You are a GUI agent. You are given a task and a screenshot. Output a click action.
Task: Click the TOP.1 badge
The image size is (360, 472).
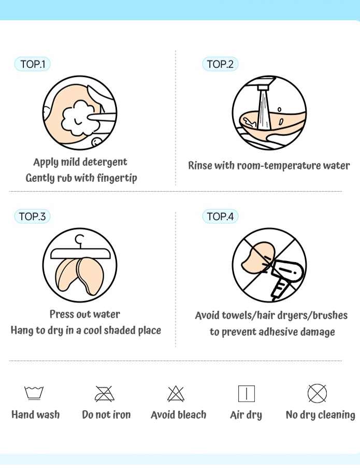pyautogui.click(x=32, y=64)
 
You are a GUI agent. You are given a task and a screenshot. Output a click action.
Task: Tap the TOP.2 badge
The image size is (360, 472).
pyautogui.click(x=220, y=64)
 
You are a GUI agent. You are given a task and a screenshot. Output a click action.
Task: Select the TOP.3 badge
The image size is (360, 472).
pyautogui.click(x=32, y=217)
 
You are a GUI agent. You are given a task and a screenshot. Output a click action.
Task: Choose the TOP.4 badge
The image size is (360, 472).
pyautogui.click(x=220, y=217)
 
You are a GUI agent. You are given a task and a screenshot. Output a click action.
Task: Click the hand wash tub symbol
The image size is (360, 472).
pyautogui.click(x=34, y=393)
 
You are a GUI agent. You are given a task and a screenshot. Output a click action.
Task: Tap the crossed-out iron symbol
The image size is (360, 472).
pyautogui.click(x=105, y=394)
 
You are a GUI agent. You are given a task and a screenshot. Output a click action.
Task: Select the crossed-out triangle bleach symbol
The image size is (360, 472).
pyautogui.click(x=176, y=394)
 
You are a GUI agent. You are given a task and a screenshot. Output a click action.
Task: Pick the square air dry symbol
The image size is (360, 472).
pyautogui.click(x=247, y=394)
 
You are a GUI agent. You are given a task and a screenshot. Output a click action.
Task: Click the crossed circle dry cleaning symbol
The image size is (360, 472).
pyautogui.click(x=317, y=393)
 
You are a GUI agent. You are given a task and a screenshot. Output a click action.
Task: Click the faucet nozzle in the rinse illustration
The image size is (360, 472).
pyautogui.click(x=263, y=88)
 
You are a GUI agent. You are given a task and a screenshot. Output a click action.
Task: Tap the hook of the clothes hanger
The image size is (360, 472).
pyautogui.click(x=80, y=240)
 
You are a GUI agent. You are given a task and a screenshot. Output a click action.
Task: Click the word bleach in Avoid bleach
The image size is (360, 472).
pyautogui.click(x=192, y=415)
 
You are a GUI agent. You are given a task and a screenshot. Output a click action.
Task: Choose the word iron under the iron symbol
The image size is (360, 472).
pyautogui.click(x=122, y=415)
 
